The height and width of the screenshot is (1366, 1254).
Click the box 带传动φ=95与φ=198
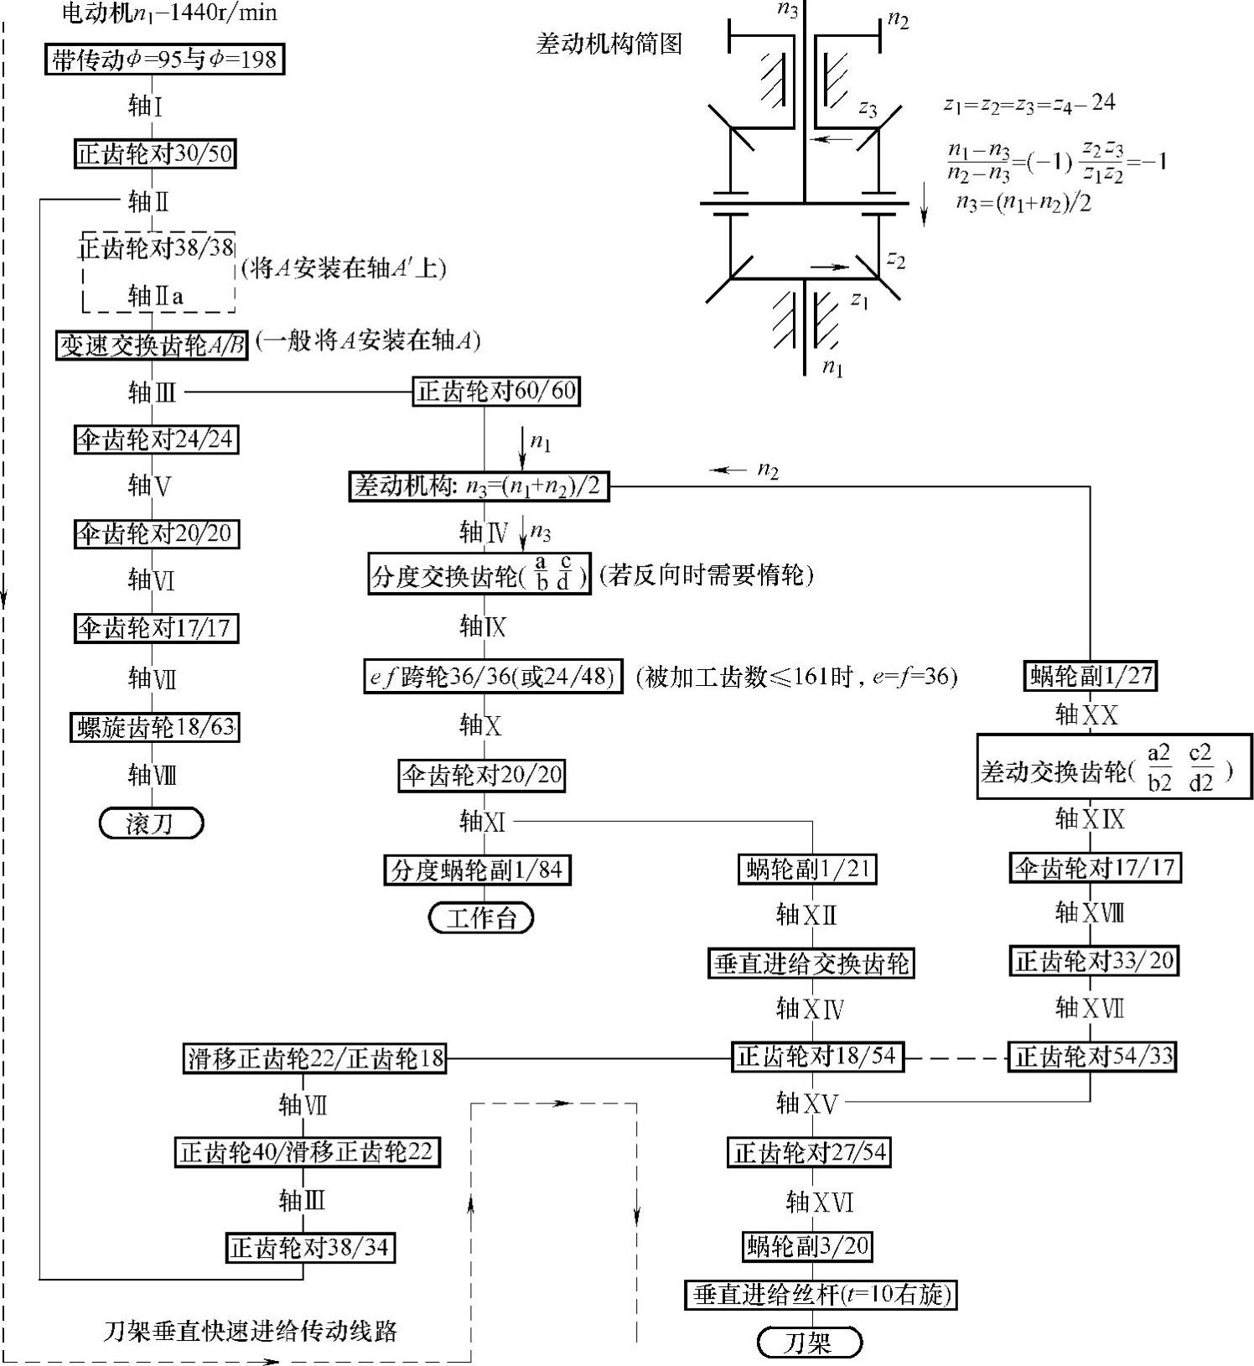(164, 60)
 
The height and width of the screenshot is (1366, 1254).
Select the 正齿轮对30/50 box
(154, 153)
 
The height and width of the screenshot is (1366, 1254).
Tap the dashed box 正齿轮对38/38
(156, 248)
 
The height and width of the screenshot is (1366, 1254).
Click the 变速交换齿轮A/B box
(152, 345)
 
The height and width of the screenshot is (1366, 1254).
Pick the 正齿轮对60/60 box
(496, 391)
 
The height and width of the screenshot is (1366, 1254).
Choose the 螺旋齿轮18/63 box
(155, 727)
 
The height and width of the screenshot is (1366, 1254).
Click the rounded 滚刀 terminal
(151, 823)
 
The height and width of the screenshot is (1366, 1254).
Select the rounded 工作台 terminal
(480, 917)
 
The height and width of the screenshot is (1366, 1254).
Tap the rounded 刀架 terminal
(808, 1343)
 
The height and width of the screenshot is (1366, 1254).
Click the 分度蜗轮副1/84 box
(477, 870)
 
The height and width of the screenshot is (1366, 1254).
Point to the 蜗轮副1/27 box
(1091, 676)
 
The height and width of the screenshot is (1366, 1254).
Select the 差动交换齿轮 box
(1114, 766)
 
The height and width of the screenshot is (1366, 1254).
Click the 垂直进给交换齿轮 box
(811, 963)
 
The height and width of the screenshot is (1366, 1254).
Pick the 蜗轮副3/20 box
(807, 1246)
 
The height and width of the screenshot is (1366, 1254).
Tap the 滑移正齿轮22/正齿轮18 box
(315, 1058)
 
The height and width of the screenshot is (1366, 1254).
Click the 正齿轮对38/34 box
(309, 1248)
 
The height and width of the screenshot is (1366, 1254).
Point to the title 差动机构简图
(609, 43)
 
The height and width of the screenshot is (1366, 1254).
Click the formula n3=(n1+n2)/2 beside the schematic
(1023, 203)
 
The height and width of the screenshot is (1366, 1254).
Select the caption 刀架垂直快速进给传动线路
(250, 1331)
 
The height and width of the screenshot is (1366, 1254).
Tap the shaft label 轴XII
(806, 915)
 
